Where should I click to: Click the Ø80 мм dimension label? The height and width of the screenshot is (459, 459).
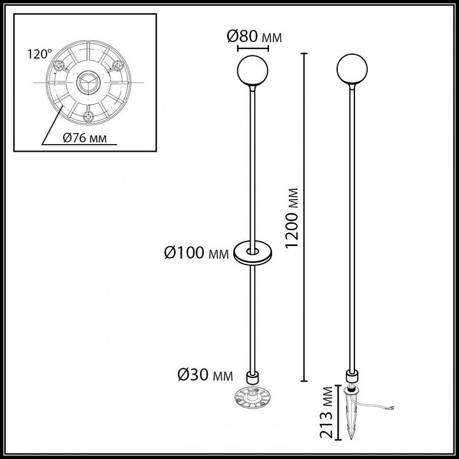point(254,37)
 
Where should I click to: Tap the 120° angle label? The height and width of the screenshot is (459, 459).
point(38,55)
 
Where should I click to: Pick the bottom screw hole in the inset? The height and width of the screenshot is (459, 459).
point(87,115)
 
